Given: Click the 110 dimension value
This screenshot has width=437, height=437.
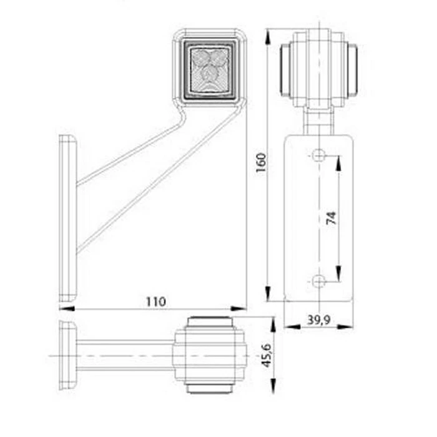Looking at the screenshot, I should tap(155, 302).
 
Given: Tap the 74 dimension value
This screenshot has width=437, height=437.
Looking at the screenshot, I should tap(331, 218).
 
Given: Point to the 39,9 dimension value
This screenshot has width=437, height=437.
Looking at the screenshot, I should tap(318, 320).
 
